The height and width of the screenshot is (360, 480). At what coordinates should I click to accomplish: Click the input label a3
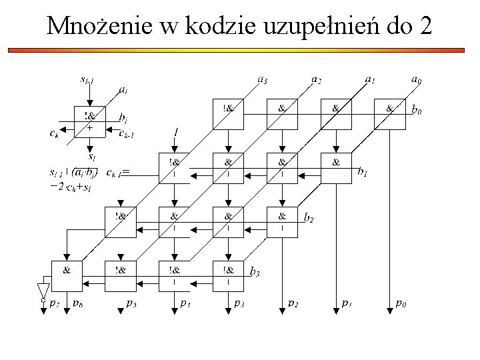click(263, 80)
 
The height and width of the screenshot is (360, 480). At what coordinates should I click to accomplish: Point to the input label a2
click(316, 80)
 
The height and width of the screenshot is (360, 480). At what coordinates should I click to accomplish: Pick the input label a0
click(416, 80)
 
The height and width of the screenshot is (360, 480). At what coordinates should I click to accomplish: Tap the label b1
click(363, 173)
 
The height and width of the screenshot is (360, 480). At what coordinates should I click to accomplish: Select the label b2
click(309, 217)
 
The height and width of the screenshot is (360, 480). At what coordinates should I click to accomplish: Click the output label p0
click(400, 303)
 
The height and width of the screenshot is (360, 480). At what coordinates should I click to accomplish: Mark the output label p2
click(293, 303)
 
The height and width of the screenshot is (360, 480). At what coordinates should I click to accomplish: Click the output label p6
click(78, 303)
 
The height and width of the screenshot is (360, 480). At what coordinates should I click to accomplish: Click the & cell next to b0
click(390, 114)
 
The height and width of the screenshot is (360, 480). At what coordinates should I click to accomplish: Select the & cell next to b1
click(336, 168)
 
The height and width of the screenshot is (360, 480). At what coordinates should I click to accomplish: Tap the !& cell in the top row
click(228, 114)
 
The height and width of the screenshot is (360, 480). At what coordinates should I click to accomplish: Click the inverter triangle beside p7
click(43, 289)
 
